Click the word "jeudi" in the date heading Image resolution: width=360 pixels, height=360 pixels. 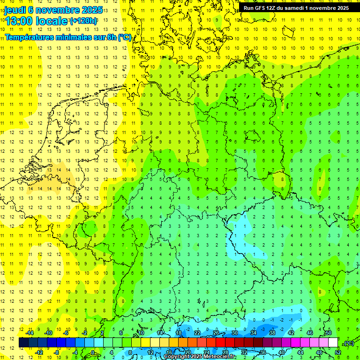coord(15,10)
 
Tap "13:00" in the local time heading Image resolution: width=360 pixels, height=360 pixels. coord(18,21)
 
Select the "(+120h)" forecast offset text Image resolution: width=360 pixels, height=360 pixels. coord(84,21)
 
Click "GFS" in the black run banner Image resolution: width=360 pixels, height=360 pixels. coord(261,8)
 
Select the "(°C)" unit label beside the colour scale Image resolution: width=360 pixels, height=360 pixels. coord(348,343)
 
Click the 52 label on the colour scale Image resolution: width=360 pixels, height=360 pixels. coord(338,352)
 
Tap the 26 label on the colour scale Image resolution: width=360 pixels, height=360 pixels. coord(216,333)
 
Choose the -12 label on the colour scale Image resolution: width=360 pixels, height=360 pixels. coord(39,352)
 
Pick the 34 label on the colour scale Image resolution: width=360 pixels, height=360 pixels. coord(253,333)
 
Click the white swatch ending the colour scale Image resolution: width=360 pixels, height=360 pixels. coord(333,343)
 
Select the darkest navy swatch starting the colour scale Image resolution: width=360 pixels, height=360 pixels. coord(23,343)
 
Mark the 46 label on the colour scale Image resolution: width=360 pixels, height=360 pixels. coord(310,333)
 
